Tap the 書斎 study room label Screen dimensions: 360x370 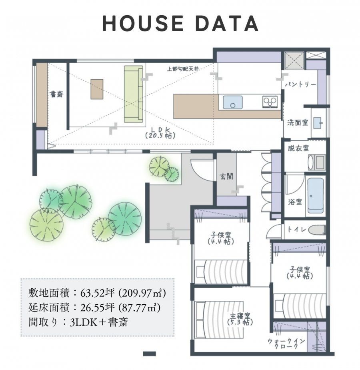tap(56, 95)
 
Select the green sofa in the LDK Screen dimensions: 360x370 tap(134, 94)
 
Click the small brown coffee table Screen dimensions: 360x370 tap(97, 89)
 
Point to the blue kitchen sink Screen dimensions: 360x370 tap(233, 102)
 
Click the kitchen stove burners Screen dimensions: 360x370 tap(270, 102)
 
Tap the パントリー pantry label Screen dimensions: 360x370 tap(300, 84)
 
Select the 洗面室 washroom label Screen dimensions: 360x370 tap(298, 123)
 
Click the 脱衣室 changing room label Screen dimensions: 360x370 tap(298, 148)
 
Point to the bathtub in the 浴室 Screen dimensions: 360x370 tap(316, 195)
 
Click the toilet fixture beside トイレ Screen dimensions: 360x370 tap(317, 229)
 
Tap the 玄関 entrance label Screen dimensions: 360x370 tap(226, 176)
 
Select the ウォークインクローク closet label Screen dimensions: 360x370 tap(286, 344)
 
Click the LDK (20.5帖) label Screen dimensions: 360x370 tap(160, 133)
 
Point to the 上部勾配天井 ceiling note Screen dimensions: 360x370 tap(183, 69)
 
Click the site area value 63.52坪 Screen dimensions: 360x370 tap(97, 293)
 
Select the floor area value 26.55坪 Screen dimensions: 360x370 tap(97, 308)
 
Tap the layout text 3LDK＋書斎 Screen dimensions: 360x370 tap(99, 322)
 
